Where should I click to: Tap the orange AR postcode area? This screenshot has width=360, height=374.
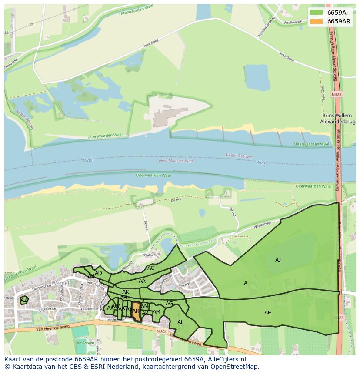[137, 311]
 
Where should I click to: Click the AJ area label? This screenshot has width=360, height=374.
[278, 260]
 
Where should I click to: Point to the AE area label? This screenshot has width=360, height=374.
[267, 313]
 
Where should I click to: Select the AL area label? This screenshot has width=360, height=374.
[180, 322]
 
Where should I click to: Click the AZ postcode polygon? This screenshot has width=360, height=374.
[24, 300]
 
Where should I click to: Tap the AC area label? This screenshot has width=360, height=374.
[151, 268]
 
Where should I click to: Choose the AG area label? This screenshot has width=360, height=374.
[169, 304]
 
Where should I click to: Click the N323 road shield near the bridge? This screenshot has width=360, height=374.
[336, 94]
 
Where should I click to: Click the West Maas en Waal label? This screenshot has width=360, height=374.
[176, 161]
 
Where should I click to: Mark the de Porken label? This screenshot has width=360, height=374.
[85, 343]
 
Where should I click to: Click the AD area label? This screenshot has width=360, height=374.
[98, 273]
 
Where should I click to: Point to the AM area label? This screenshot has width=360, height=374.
[157, 312]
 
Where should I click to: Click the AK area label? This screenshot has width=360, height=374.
[125, 292]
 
